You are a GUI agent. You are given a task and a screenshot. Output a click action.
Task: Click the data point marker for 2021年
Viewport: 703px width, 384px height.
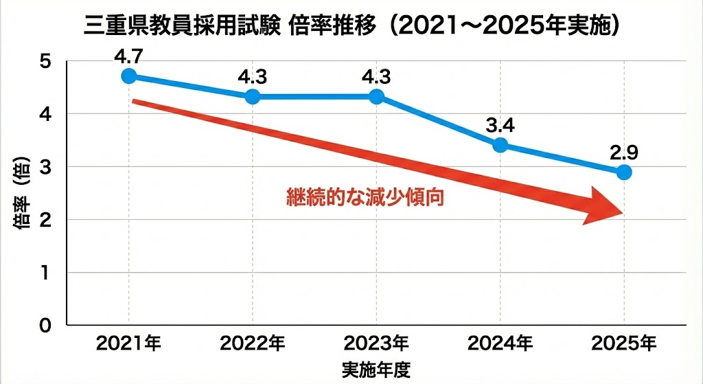click(x=128, y=76)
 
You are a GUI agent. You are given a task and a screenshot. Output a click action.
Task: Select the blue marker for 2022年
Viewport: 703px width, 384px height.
click(x=252, y=97)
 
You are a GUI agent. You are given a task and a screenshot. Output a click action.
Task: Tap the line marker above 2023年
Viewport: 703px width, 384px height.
click(x=376, y=97)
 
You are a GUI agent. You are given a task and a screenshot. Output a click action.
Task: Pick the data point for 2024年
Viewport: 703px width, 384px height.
click(x=500, y=145)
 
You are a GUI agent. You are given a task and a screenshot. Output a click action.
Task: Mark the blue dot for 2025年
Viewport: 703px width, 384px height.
click(x=623, y=172)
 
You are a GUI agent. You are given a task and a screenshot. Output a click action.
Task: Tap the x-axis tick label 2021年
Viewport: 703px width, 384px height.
click(x=129, y=342)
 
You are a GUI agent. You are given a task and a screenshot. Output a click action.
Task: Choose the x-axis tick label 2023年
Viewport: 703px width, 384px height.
click(x=376, y=342)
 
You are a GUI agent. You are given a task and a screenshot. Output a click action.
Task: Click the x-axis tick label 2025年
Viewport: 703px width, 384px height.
click(x=623, y=342)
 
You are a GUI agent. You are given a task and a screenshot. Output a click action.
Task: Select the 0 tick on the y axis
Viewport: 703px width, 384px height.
click(x=45, y=325)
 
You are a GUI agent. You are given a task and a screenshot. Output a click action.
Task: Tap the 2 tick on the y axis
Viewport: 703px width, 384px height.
click(x=45, y=220)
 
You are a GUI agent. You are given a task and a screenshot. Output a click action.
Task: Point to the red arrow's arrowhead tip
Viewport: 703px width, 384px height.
click(x=623, y=212)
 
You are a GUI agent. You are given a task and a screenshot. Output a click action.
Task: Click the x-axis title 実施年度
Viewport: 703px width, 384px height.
click(x=376, y=369)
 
